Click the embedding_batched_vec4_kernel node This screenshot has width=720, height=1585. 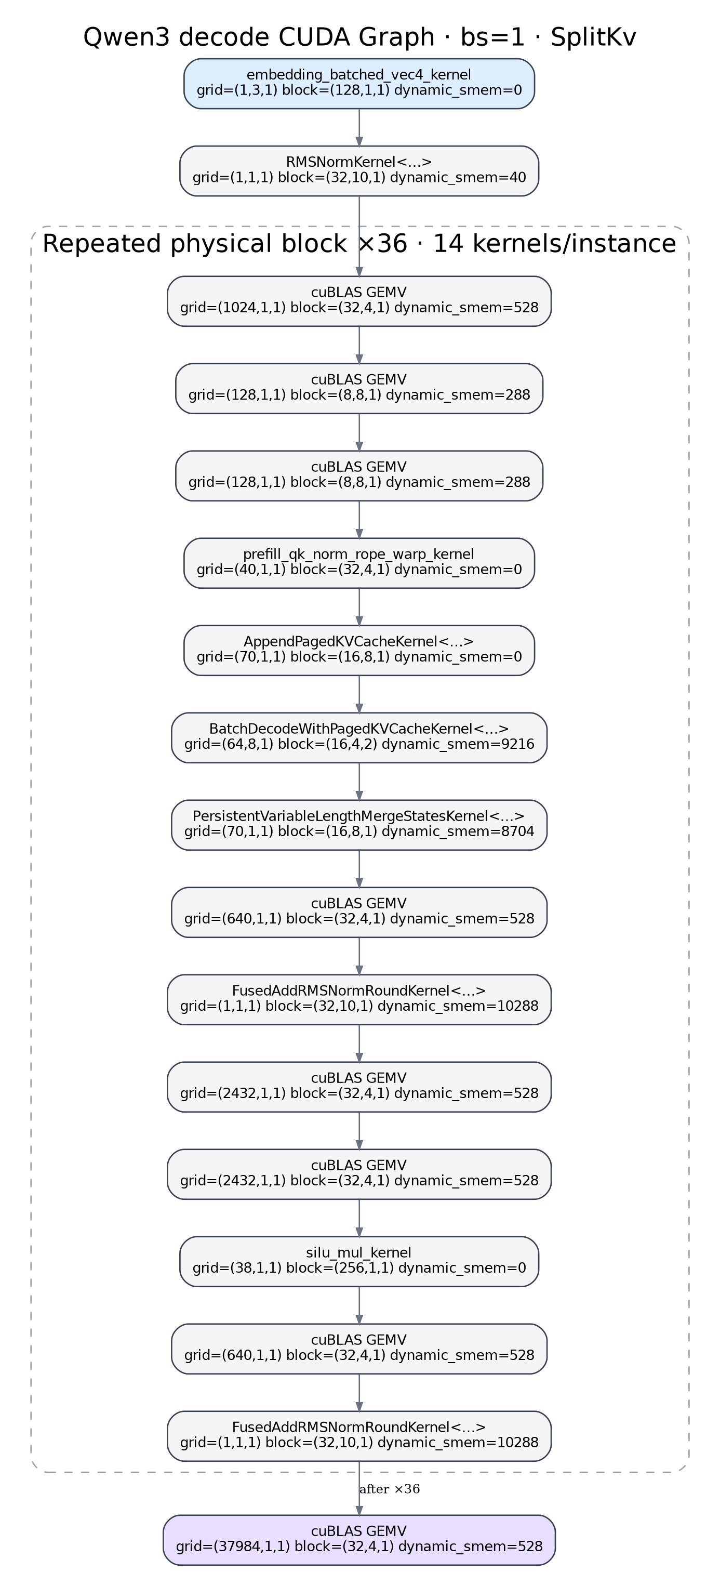pyautogui.click(x=359, y=84)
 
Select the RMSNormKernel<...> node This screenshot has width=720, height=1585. pyautogui.click(x=359, y=171)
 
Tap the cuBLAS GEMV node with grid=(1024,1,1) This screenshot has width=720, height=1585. pyautogui.click(x=359, y=301)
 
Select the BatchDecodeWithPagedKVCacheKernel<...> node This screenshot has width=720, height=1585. pyautogui.click(x=359, y=738)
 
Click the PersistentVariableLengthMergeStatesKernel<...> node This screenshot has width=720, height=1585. pyautogui.click(x=359, y=826)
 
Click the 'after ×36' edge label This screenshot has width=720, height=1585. pyautogui.click(x=389, y=1489)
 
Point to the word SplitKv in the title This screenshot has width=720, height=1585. pyautogui.click(x=593, y=37)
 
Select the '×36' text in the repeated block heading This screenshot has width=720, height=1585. pyautogui.click(x=382, y=244)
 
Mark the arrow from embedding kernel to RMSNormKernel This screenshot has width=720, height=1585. pyautogui.click(x=359, y=127)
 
